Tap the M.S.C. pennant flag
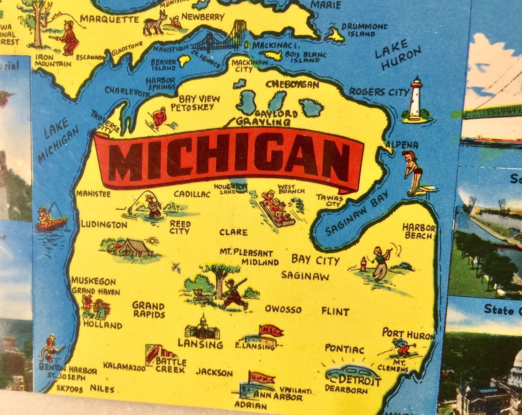tap(271, 331)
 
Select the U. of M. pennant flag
tap(261, 377)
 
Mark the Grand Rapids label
tap(148, 310)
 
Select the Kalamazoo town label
tap(124, 366)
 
